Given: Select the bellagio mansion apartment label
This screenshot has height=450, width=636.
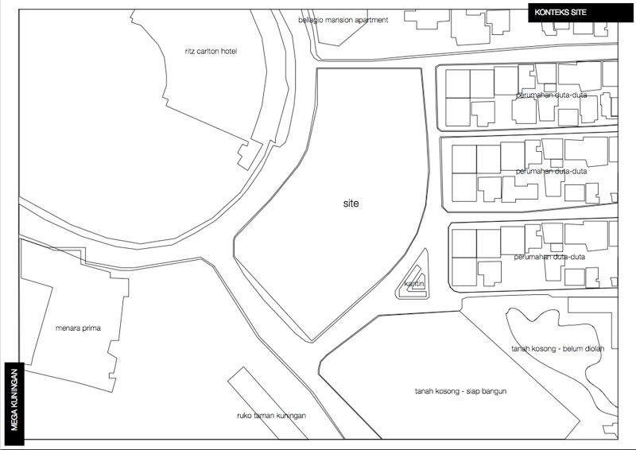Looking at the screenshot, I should [x=343, y=20].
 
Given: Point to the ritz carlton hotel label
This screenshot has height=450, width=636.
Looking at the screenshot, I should [x=211, y=52].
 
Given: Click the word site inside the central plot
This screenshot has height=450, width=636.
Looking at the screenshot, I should [x=351, y=204].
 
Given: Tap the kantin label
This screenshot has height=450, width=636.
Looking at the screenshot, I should [x=413, y=284].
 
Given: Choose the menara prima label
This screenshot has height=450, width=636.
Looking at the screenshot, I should [x=78, y=328].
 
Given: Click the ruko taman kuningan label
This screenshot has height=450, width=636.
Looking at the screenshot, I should [x=271, y=415].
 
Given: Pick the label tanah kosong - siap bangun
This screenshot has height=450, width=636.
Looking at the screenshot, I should [x=461, y=391].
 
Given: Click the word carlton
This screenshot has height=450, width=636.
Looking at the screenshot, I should [x=210, y=52].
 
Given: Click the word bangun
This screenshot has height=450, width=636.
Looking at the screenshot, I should [x=493, y=391].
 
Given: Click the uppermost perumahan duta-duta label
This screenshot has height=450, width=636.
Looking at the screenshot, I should [x=551, y=95].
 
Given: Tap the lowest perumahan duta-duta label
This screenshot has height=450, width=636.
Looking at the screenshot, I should [x=549, y=257].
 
